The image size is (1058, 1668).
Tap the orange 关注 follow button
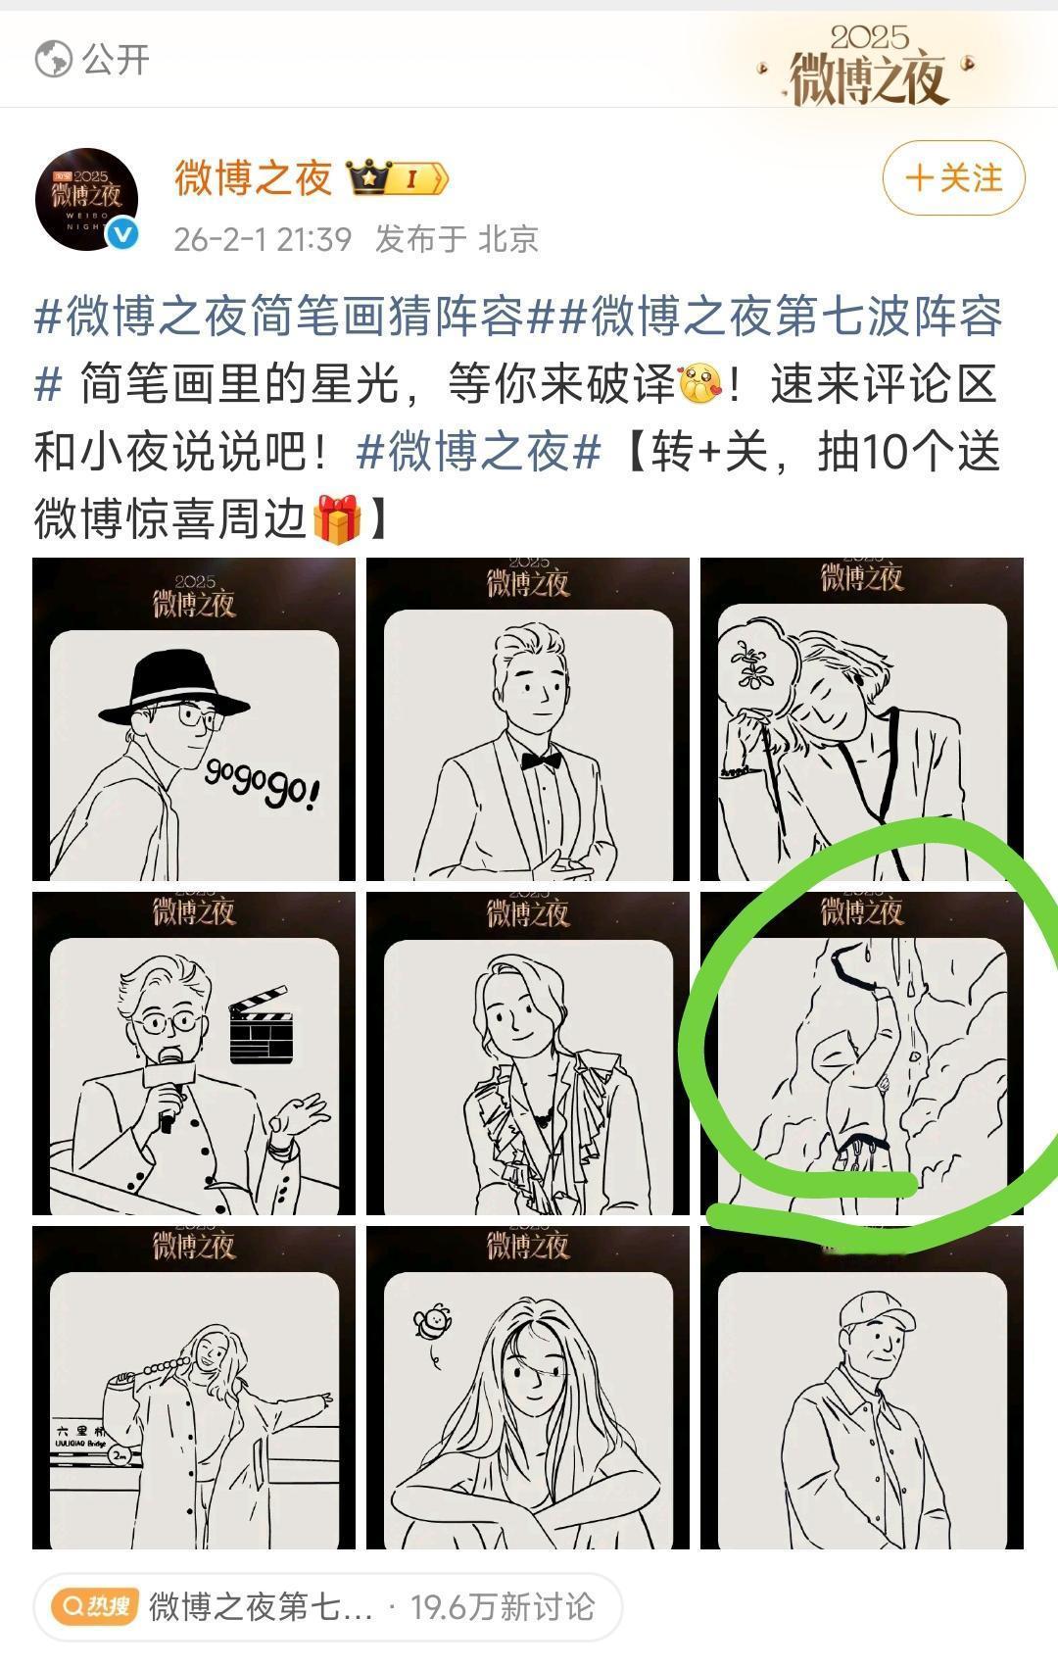point(953,178)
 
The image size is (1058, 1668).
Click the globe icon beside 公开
point(53,60)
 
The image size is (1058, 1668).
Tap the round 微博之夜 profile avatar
point(86,199)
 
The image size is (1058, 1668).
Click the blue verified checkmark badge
point(122,234)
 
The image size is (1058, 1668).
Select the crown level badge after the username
point(398,178)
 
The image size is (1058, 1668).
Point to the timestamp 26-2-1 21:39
point(262,239)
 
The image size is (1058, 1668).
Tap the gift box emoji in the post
point(337,519)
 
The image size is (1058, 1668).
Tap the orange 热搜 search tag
point(95,1606)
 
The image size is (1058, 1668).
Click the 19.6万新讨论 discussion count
point(502,1606)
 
